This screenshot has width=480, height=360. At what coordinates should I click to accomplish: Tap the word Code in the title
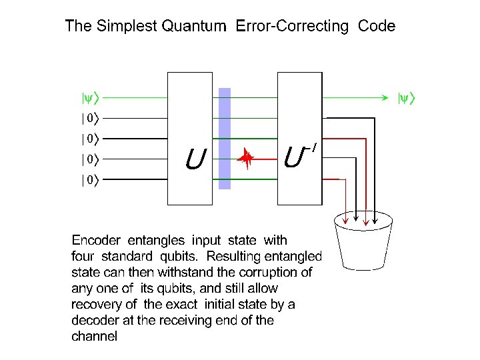pos(377,27)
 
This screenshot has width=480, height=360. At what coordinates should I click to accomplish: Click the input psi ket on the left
pos(89,99)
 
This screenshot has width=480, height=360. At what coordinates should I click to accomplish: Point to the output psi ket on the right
pos(406,99)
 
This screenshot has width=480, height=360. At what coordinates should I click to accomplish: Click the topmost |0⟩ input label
pos(89,119)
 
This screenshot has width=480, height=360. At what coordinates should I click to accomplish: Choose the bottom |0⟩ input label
pos(89,180)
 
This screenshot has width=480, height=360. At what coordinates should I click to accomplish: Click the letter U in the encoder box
pos(194,159)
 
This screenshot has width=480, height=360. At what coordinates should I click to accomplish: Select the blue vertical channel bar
pos(225,139)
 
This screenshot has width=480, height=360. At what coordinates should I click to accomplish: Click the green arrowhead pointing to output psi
pos(386,98)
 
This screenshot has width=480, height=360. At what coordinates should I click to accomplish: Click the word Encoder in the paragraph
pos(96,240)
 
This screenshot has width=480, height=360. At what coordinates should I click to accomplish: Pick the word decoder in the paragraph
pos(93,320)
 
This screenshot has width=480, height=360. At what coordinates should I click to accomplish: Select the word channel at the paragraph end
pos(94,336)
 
